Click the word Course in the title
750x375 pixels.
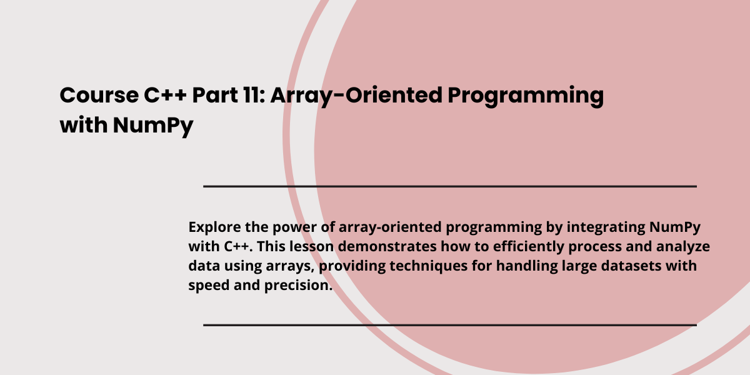point(99,95)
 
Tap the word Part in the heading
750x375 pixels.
point(215,95)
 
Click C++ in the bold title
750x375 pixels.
point(165,95)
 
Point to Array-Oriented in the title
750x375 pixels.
point(356,96)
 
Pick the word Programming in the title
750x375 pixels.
point(526,97)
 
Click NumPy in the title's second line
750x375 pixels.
point(153,126)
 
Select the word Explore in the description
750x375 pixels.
point(214,227)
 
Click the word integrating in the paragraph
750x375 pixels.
point(606,228)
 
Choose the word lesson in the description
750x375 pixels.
point(312,246)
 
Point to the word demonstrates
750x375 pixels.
point(387,246)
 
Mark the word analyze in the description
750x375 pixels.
point(683,247)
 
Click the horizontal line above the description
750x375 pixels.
point(450,186)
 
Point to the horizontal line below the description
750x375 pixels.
point(450,325)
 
